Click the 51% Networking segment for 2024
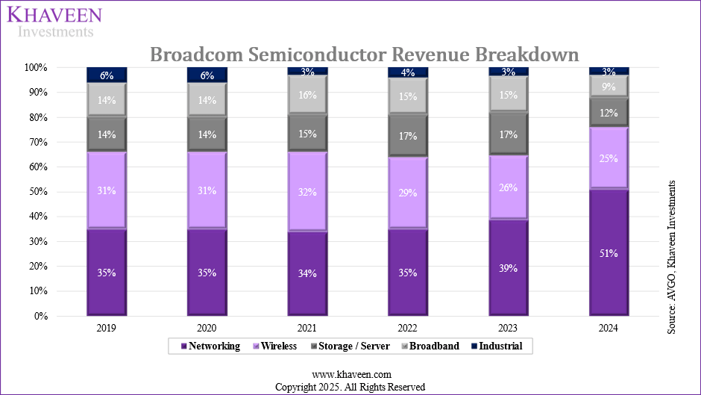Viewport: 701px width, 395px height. pyautogui.click(x=609, y=252)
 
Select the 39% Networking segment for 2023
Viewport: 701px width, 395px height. pyautogui.click(x=508, y=267)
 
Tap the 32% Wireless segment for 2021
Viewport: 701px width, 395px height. pyautogui.click(x=307, y=191)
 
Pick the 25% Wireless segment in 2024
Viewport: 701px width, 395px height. pyautogui.click(x=609, y=158)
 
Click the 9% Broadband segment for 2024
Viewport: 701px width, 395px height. pyautogui.click(x=609, y=86)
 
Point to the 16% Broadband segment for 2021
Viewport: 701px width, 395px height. pyautogui.click(x=307, y=95)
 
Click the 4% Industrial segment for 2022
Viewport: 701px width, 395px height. pyautogui.click(x=408, y=72)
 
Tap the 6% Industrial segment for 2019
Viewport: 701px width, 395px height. pyautogui.click(x=107, y=75)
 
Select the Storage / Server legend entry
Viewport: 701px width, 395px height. pyautogui.click(x=345, y=346)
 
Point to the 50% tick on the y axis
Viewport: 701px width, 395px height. pyautogui.click(x=38, y=192)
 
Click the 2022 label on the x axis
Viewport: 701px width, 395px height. pyautogui.click(x=408, y=328)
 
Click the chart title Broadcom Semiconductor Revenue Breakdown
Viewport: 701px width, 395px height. pyautogui.click(x=364, y=55)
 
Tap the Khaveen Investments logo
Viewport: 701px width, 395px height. pyautogui.click(x=54, y=21)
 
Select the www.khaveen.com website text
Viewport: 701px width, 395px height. pyautogui.click(x=350, y=374)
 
